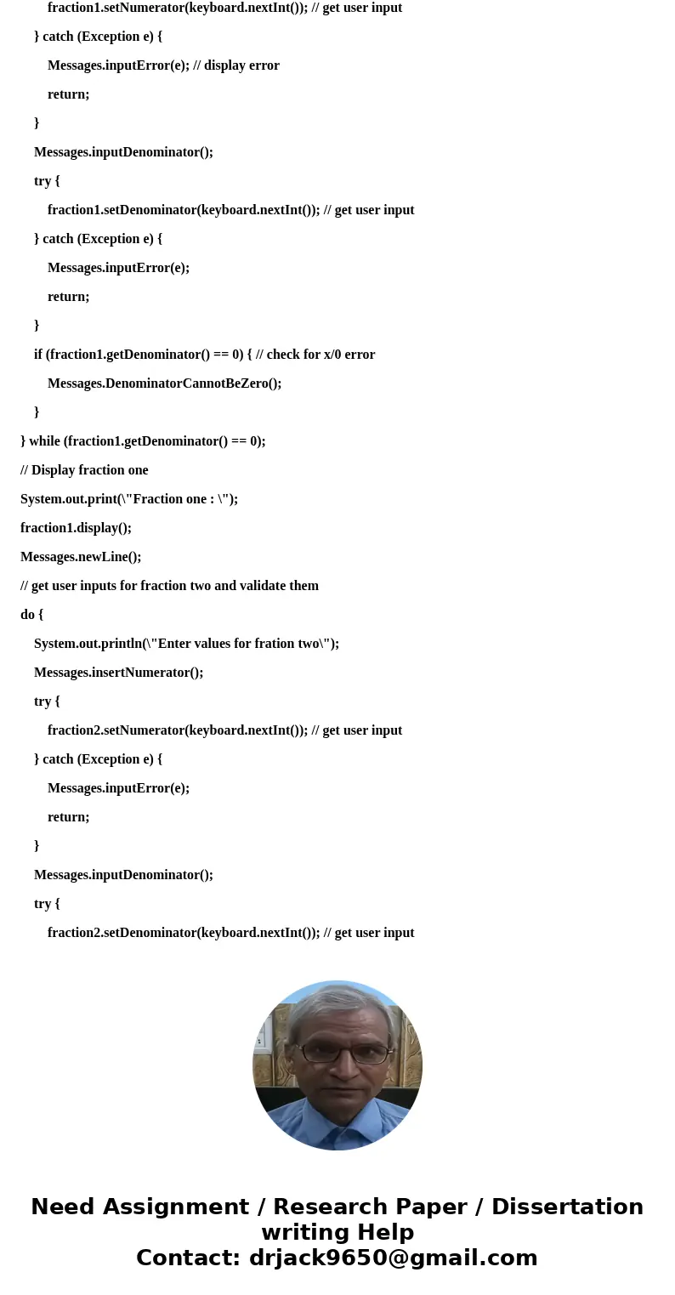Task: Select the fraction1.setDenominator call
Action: pyautogui.click(x=122, y=210)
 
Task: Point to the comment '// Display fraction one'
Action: pyautogui.click(x=84, y=470)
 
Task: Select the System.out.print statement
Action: pyautogui.click(x=129, y=499)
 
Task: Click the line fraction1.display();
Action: pyautogui.click(x=76, y=528)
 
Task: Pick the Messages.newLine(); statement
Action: pyautogui.click(x=81, y=557)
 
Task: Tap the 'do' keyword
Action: pyautogui.click(x=27, y=615)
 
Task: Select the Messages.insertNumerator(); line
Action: pyautogui.click(x=118, y=673)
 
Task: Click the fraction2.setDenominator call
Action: pyautogui.click(x=122, y=933)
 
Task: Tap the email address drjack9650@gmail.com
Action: pyautogui.click(x=393, y=1258)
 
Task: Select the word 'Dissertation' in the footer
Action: pyautogui.click(x=567, y=1207)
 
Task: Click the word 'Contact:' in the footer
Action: pyautogui.click(x=189, y=1258)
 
